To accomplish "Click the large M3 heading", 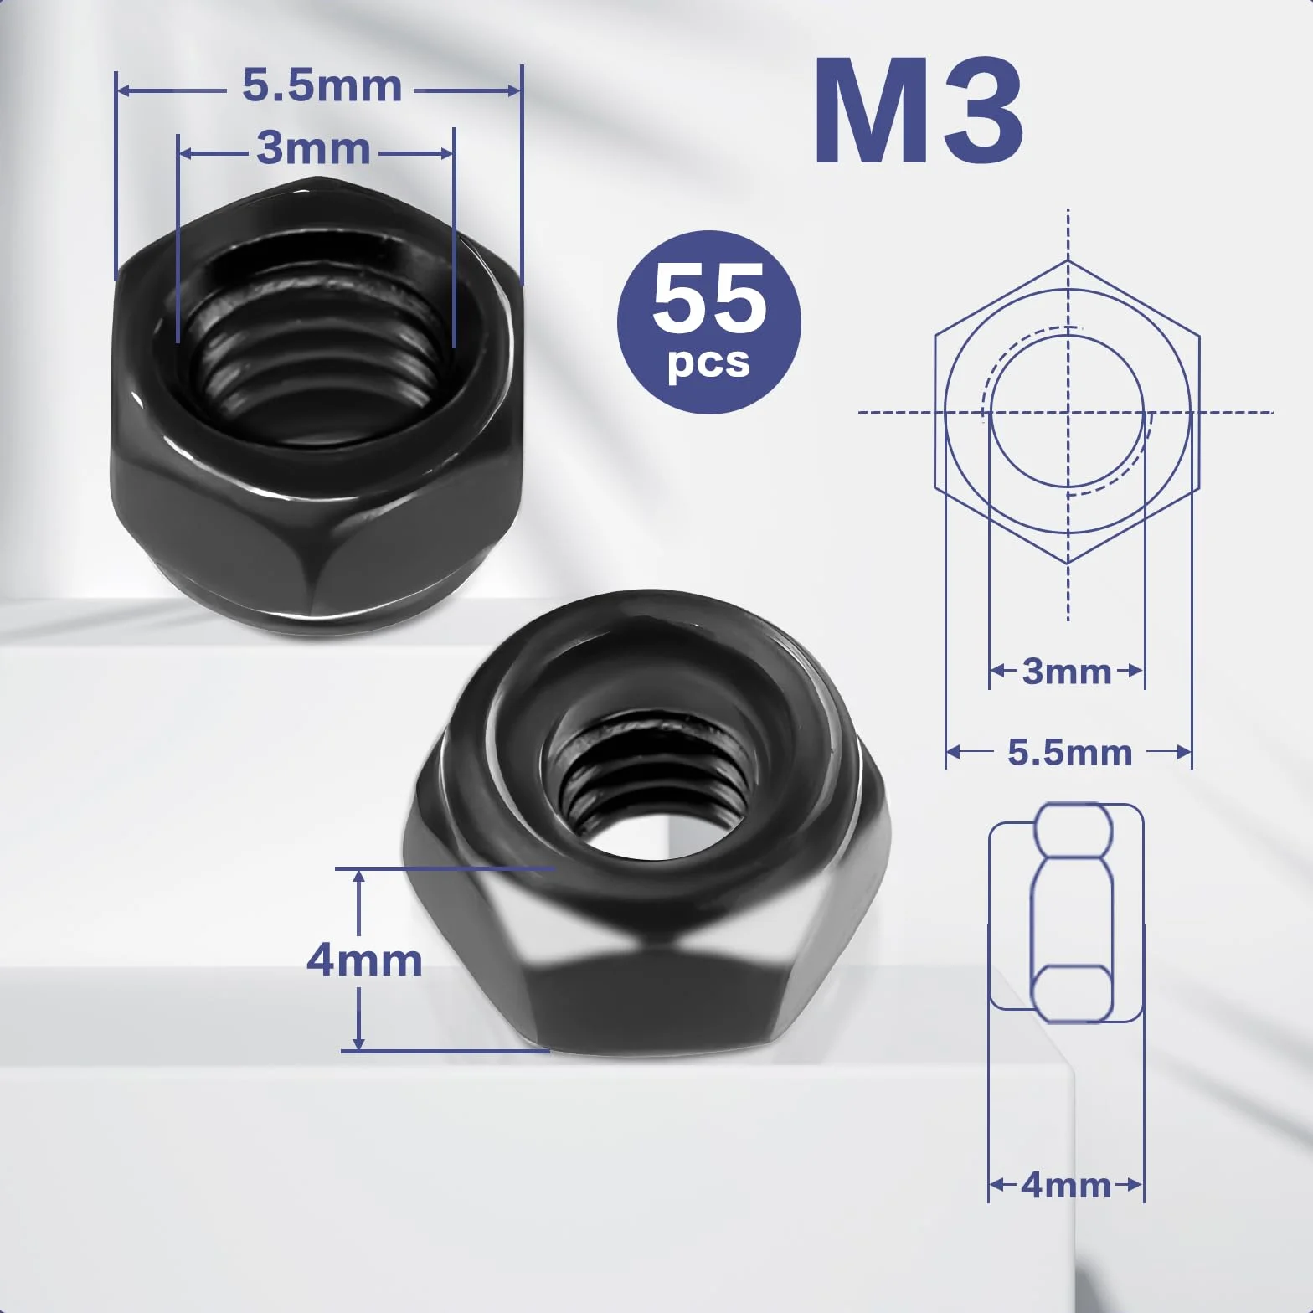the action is (919, 111).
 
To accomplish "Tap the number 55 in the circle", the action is (709, 297).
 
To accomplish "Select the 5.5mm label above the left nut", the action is (322, 86).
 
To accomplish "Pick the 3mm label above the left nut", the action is (314, 148).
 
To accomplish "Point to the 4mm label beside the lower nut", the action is (364, 960).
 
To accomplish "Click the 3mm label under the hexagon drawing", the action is (1067, 671).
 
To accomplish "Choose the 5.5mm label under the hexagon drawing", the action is (1069, 752).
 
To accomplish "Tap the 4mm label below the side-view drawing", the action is (1066, 1185).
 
